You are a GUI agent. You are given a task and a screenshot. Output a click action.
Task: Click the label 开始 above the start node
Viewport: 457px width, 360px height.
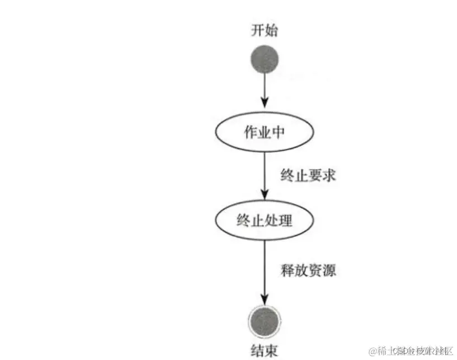(264, 31)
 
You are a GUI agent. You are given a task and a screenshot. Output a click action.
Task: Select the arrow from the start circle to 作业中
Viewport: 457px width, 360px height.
(264, 92)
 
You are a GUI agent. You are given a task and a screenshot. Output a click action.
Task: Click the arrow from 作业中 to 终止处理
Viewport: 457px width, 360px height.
(264, 174)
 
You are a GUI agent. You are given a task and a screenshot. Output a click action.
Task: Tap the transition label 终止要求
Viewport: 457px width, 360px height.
(307, 175)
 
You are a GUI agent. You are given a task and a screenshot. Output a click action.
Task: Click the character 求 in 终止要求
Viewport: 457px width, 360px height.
(328, 175)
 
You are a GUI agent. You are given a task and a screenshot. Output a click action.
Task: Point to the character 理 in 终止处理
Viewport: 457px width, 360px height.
(285, 221)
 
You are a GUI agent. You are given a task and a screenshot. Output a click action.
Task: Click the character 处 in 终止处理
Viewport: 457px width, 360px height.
(271, 221)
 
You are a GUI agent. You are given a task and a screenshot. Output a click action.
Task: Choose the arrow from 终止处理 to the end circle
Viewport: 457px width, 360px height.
(264, 269)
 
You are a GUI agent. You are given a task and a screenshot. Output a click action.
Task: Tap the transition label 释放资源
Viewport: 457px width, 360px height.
(307, 270)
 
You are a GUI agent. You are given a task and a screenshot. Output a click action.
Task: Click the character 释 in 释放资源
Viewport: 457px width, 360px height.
(287, 270)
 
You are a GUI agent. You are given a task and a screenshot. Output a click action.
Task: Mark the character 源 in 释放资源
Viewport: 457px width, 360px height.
(328, 270)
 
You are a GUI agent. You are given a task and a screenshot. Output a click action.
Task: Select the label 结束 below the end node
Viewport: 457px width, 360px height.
(264, 350)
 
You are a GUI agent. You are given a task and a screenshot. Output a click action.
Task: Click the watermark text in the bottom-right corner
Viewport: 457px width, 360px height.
(408, 350)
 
